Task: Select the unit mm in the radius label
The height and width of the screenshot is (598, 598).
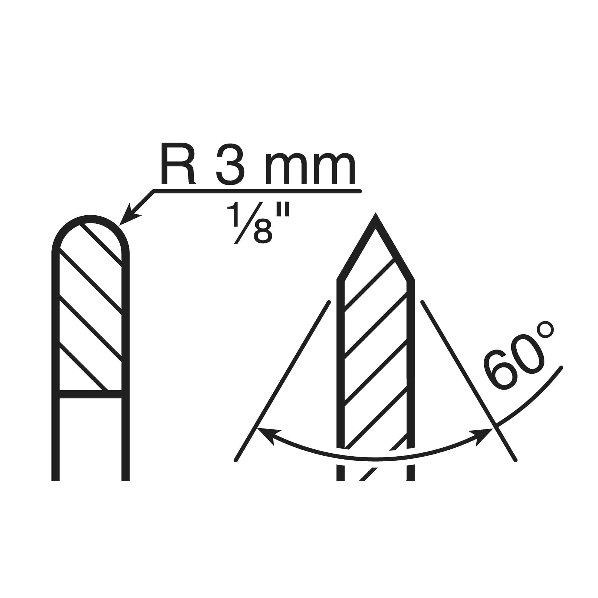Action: coord(310,168)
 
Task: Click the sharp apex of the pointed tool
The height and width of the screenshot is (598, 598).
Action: coord(376,213)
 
